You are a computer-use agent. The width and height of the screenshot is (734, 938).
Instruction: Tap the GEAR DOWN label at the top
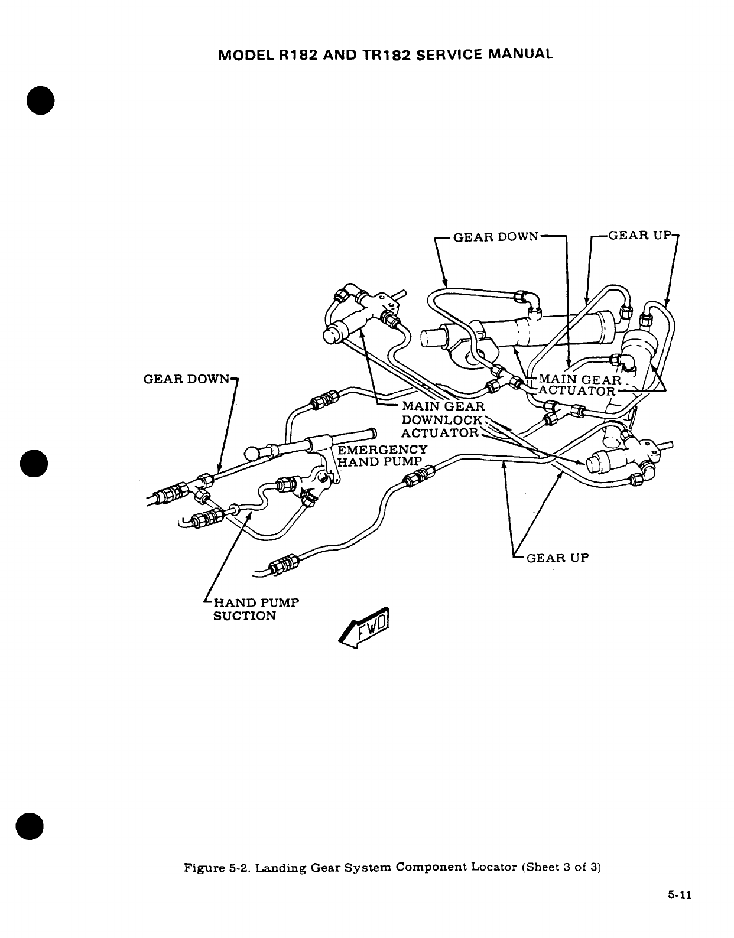click(495, 237)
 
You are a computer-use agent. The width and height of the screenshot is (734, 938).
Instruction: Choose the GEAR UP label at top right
click(640, 236)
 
